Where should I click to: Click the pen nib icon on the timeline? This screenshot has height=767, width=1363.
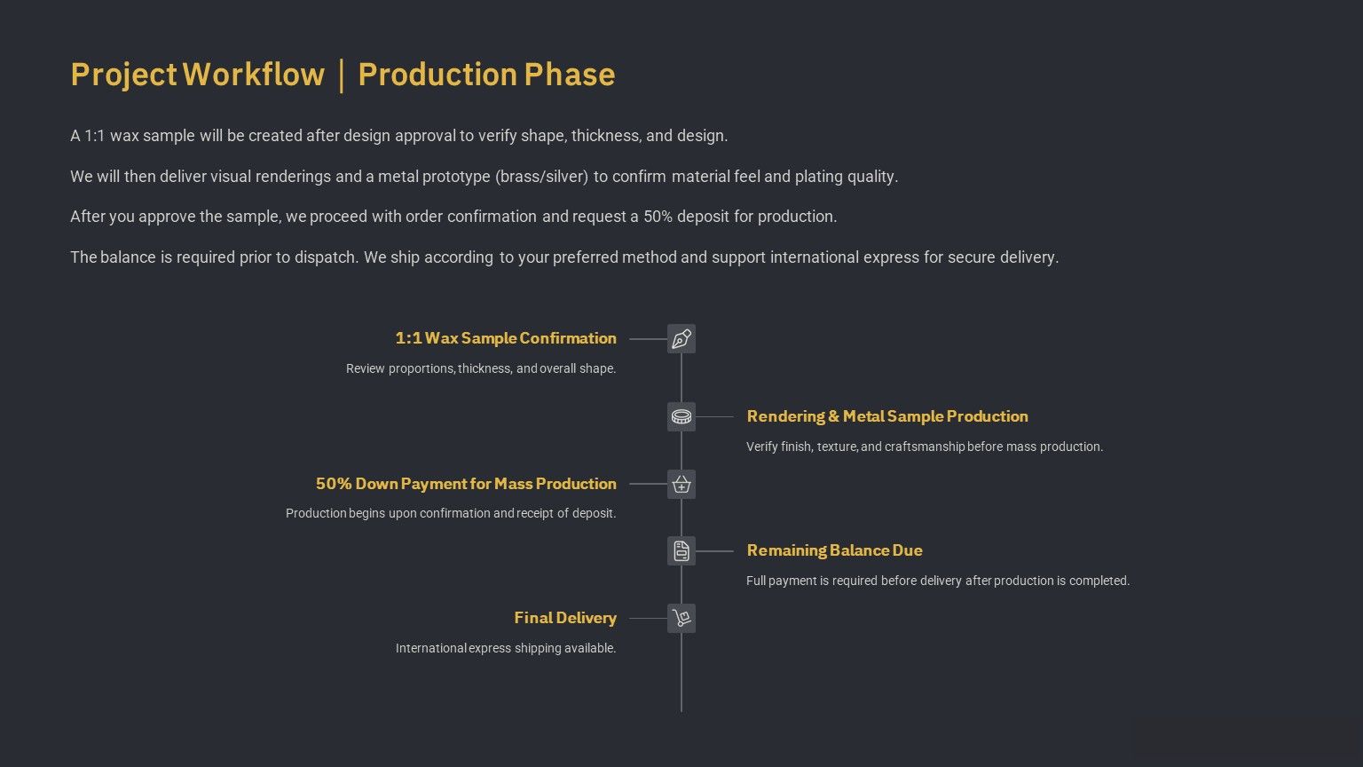click(681, 339)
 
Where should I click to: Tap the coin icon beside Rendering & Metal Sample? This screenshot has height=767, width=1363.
click(681, 417)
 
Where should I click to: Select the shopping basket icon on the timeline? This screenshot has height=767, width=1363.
click(681, 484)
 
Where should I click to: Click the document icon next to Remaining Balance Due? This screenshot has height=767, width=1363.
click(681, 551)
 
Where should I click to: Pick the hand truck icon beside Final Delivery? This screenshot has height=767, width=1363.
click(681, 618)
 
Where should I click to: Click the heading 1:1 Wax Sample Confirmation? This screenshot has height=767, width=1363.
click(506, 338)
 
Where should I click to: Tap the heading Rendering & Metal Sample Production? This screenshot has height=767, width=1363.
click(887, 416)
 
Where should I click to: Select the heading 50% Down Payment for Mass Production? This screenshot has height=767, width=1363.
click(466, 484)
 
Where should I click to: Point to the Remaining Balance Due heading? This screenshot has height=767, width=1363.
click(834, 550)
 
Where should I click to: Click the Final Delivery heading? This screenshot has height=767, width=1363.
click(565, 618)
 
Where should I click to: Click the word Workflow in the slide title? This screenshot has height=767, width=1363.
click(254, 75)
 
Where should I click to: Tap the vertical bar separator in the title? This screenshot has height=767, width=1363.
click(342, 75)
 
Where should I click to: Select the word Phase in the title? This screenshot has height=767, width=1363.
click(570, 75)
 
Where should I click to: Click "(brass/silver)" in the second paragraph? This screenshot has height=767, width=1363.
click(541, 177)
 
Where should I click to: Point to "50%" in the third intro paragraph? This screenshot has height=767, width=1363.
click(658, 217)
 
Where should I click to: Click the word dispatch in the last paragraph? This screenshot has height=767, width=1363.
click(327, 257)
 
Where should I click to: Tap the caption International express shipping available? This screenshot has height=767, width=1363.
click(506, 648)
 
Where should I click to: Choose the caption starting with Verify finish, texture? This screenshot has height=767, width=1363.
click(925, 447)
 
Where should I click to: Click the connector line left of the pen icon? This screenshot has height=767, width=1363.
click(648, 339)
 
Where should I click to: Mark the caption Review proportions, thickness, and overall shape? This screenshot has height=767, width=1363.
click(481, 369)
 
